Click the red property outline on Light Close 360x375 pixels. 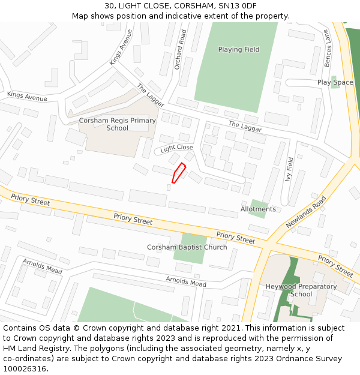point(178,173)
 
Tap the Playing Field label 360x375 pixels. point(239,50)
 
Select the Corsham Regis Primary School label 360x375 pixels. point(118,124)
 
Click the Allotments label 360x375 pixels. point(258,209)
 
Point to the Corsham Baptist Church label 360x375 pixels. point(187,247)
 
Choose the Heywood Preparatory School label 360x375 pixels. point(301,290)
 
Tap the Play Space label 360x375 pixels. point(335,82)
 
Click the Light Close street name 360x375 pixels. point(176,148)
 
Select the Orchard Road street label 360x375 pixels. point(177,50)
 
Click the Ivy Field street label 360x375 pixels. point(291,169)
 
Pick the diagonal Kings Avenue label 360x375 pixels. point(121,47)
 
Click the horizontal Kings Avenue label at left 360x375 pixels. point(27,96)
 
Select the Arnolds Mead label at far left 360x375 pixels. point(42,266)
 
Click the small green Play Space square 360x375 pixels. point(335,82)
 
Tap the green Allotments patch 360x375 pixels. point(258,208)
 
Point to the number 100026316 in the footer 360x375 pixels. point(25,369)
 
